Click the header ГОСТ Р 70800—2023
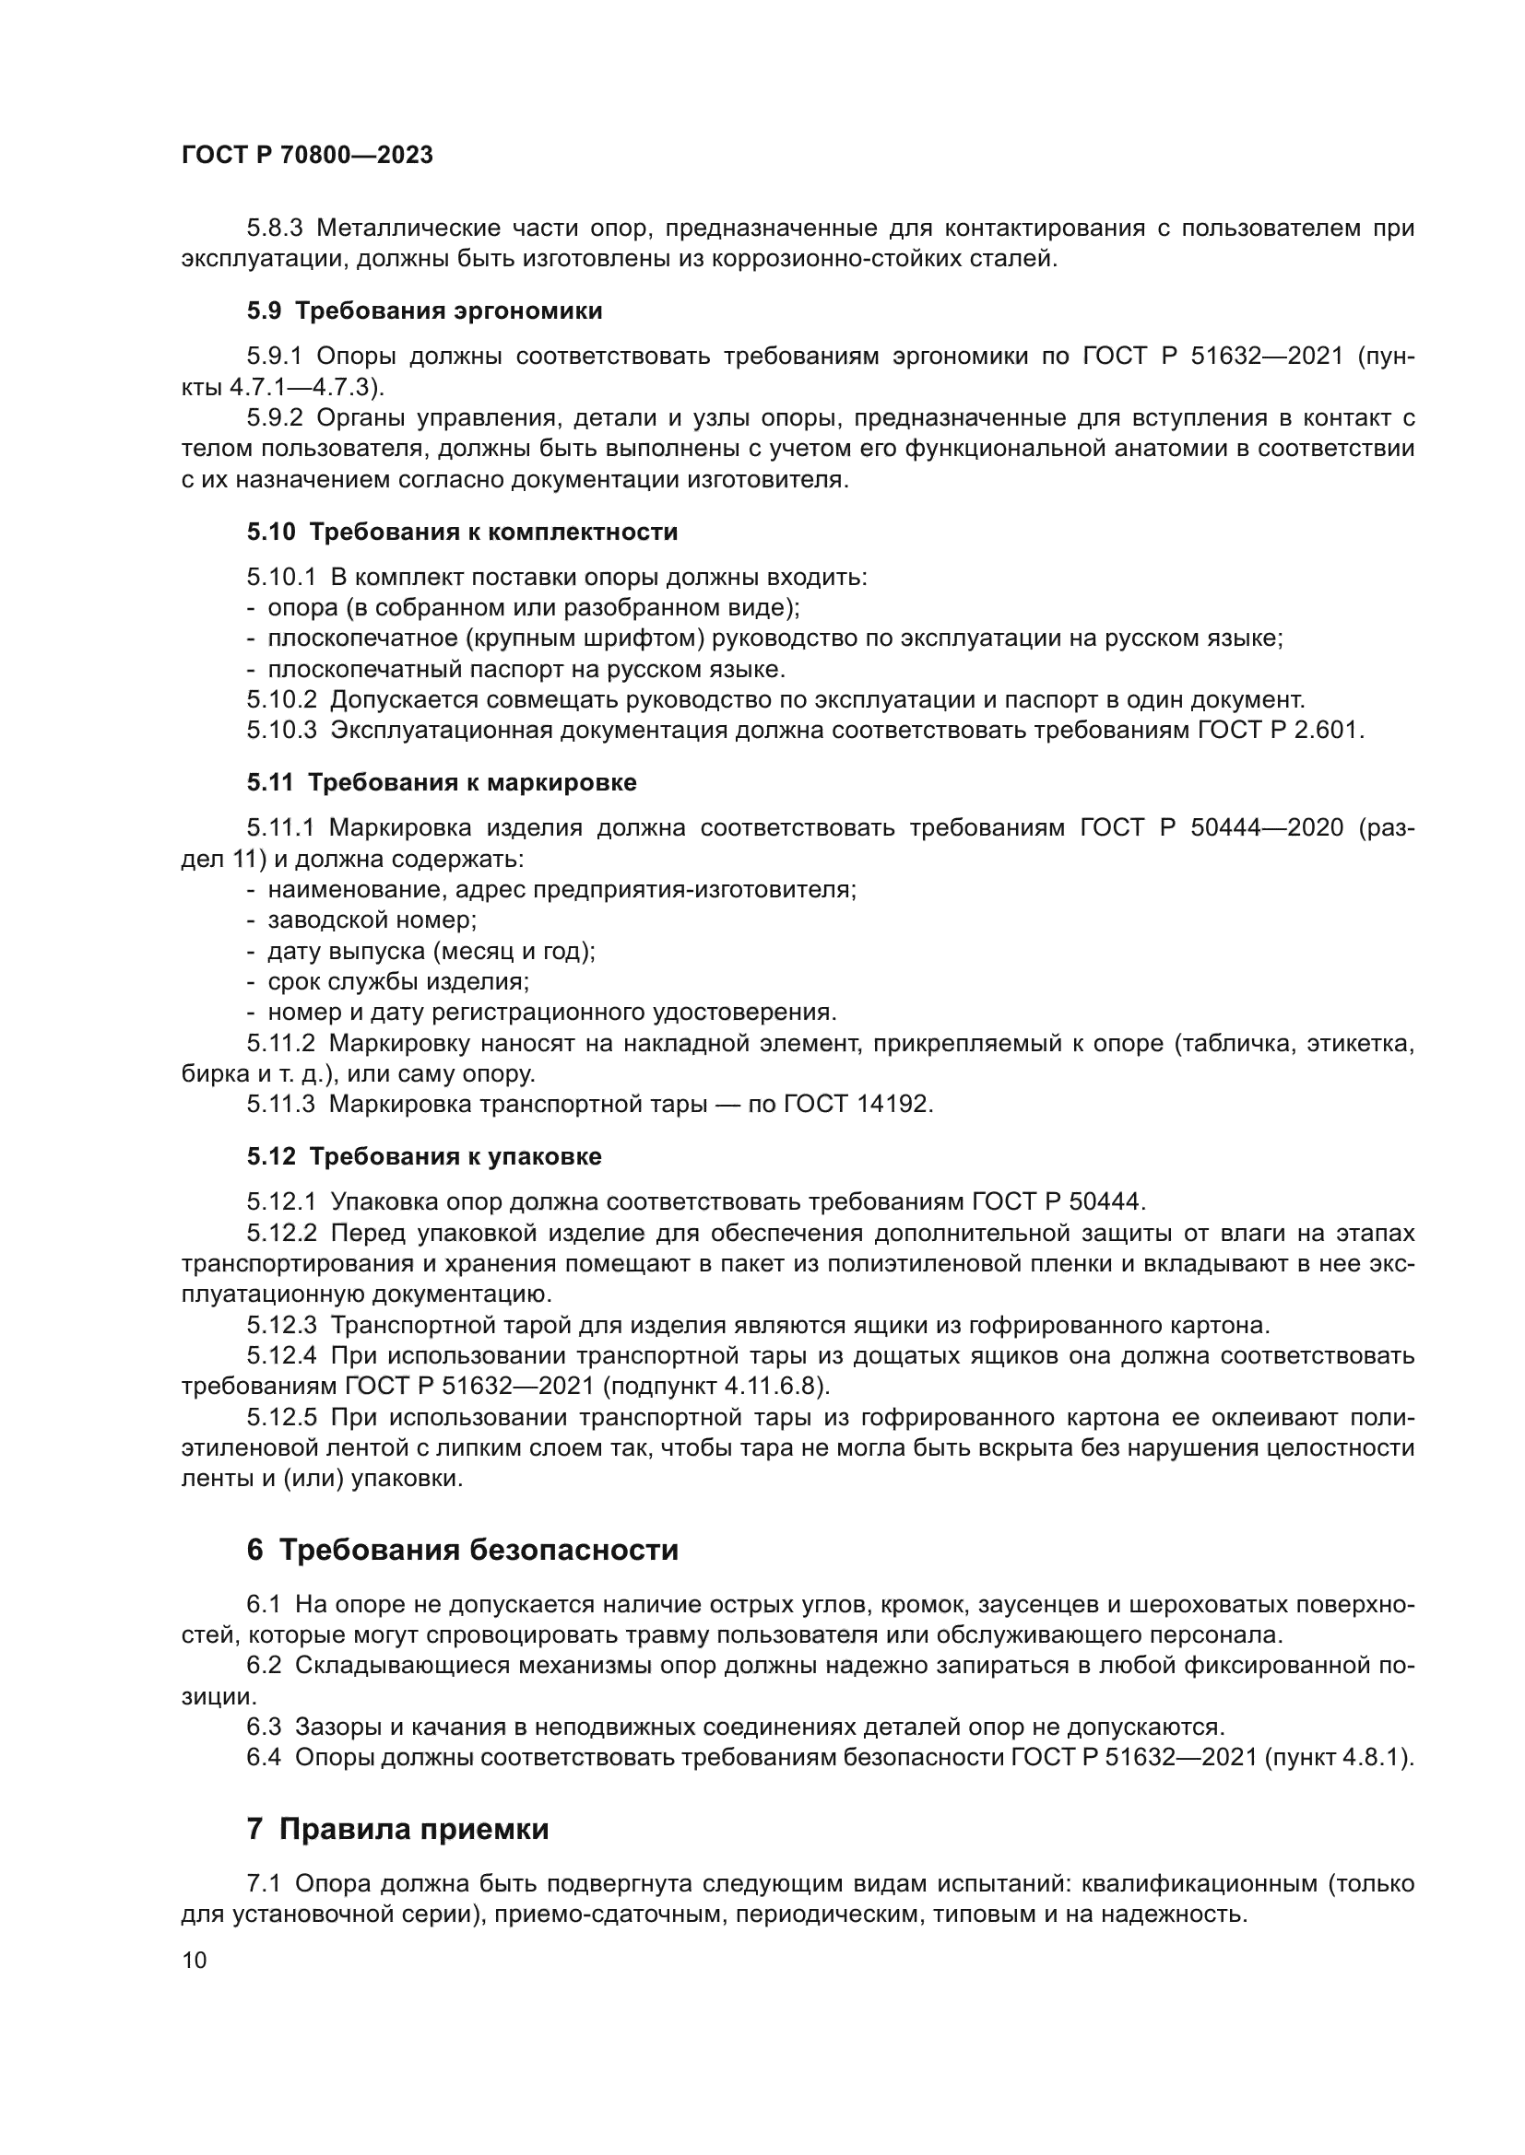[x=307, y=156]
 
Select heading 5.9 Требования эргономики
[x=424, y=311]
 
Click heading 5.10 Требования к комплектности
[x=462, y=533]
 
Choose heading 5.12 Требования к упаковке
[x=424, y=1156]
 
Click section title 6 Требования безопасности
[x=462, y=1550]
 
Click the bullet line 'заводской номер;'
[x=372, y=919]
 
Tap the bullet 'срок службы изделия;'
[x=398, y=982]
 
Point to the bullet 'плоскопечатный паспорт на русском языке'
[x=526, y=669]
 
